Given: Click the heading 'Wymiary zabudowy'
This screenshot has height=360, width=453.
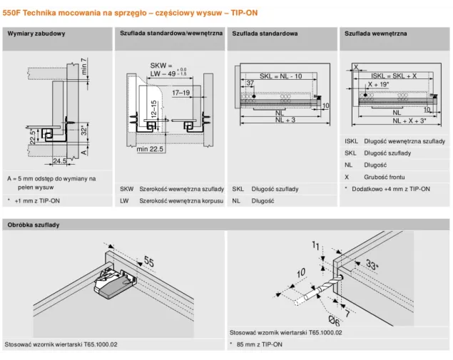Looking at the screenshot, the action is [36, 34].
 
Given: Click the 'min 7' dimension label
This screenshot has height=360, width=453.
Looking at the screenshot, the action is [83, 66].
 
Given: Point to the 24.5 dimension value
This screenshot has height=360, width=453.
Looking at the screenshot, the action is [59, 161].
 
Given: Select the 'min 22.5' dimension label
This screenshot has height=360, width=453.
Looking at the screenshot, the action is [150, 149].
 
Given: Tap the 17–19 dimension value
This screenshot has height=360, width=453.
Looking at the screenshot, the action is [181, 93].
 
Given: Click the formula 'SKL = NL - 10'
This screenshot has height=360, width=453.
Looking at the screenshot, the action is [281, 76].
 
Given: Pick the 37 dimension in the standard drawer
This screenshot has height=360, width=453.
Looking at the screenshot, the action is [250, 83].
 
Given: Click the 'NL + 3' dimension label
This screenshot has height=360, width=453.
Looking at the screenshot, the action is [285, 120].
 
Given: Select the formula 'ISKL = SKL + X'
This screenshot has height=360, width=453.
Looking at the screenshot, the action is [394, 76].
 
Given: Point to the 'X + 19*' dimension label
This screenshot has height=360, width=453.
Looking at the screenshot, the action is [379, 85].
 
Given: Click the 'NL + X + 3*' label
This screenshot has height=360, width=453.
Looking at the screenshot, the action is [409, 120].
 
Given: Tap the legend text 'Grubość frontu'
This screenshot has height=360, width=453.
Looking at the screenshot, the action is [385, 177].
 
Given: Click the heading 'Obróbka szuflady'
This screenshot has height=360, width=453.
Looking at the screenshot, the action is [34, 225].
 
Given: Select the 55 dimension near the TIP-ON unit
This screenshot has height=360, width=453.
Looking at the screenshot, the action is [149, 262].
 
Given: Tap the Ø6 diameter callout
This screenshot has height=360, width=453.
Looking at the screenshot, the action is [335, 321].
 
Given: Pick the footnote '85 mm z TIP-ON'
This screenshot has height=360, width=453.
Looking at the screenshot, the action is [259, 344].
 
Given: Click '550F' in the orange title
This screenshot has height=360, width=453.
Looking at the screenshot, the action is [11, 13].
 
